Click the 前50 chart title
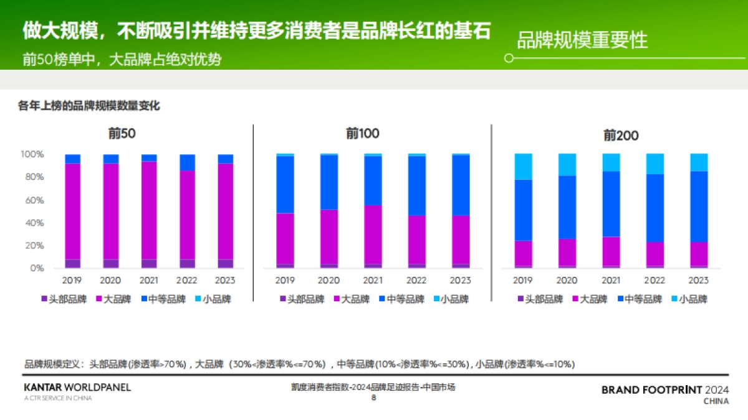[x=122, y=133]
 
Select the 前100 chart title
[x=362, y=133]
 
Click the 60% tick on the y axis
[x=34, y=200]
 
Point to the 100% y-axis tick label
[x=32, y=154]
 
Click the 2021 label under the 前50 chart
[x=149, y=281]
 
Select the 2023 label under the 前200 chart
[x=699, y=281]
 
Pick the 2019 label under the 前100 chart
[x=285, y=281]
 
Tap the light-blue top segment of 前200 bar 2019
[x=524, y=166]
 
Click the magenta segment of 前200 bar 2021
[x=611, y=251]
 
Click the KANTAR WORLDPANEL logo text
[x=77, y=388]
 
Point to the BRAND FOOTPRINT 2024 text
[x=665, y=390]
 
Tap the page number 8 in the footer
[x=373, y=398]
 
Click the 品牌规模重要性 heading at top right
[x=582, y=40]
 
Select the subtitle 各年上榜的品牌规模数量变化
[x=89, y=106]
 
